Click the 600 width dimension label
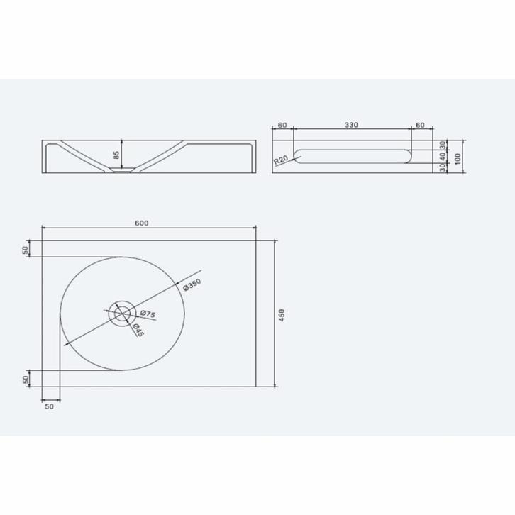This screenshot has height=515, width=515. point(141,223)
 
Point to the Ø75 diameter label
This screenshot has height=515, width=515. point(147,314)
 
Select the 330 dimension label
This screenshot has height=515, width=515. point(351,125)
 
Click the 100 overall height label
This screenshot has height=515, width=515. point(458,157)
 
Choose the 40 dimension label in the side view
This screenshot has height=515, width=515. point(443,156)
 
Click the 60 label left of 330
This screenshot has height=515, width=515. point(282,125)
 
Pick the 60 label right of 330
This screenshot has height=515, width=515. point(420,125)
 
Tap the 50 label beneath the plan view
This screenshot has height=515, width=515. point(49,407)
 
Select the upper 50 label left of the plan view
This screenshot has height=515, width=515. point(27,249)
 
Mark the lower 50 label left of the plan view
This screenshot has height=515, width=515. point(27,379)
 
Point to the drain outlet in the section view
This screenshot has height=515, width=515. point(123,171)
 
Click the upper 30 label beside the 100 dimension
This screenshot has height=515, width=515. point(443,145)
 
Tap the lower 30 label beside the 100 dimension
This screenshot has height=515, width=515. point(443,168)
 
